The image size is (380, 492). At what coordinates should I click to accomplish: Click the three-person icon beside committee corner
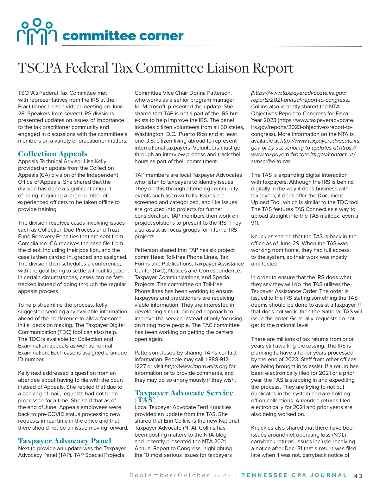coord(36,31)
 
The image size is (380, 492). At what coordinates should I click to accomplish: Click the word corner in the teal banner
coord(161,36)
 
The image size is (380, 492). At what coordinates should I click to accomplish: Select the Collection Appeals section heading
coord(53,154)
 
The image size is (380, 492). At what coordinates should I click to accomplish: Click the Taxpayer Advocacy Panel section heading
coord(65,441)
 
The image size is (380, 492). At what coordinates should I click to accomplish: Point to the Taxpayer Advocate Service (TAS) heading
coord(184,393)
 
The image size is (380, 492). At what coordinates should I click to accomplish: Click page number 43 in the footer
coord(358,476)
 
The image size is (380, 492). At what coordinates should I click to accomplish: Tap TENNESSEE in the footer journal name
coord(264,475)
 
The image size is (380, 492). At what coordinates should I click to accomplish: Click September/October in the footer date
coord(170,475)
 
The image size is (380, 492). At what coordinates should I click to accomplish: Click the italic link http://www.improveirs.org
coord(196,366)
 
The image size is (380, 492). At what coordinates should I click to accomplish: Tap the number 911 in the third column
coord(255,223)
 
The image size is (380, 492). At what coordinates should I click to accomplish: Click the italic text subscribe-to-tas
coord(271,161)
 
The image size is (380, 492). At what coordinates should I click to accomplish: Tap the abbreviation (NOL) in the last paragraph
coord(339,435)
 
